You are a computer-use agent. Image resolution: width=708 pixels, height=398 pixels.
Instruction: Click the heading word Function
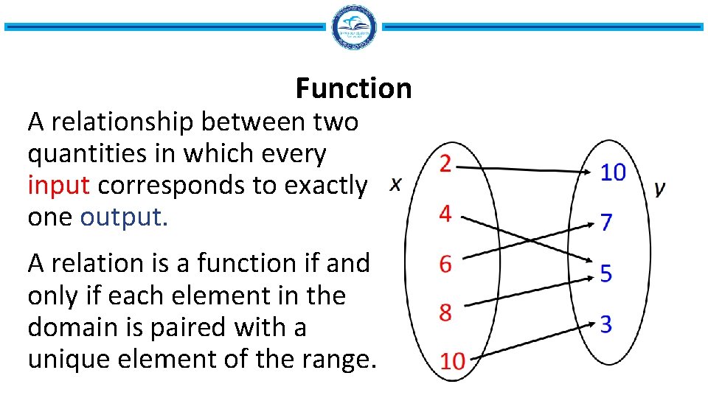(x=353, y=88)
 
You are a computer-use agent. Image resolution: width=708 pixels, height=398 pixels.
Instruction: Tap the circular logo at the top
(x=354, y=27)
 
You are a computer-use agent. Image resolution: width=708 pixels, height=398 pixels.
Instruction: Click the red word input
(x=58, y=186)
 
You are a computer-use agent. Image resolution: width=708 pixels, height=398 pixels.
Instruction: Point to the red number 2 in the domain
(x=445, y=164)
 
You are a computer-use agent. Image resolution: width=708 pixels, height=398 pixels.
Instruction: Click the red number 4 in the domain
(x=445, y=214)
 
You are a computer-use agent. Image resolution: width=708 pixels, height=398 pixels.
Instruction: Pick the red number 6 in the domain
(x=445, y=264)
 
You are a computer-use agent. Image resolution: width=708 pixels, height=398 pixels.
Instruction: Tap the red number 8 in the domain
(x=445, y=313)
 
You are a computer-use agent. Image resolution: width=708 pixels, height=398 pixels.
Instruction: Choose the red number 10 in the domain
(x=453, y=361)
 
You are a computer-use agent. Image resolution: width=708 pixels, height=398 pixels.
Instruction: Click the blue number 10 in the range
(x=613, y=172)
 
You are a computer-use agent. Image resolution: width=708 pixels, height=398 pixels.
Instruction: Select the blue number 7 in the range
(x=605, y=223)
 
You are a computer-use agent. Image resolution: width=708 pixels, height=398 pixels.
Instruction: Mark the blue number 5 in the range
(x=605, y=274)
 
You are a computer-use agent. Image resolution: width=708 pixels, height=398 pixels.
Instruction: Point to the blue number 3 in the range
(x=605, y=324)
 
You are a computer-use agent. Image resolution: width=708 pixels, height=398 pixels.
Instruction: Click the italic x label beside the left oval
(x=396, y=184)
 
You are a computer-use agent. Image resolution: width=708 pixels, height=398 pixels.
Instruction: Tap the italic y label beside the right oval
(x=660, y=188)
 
